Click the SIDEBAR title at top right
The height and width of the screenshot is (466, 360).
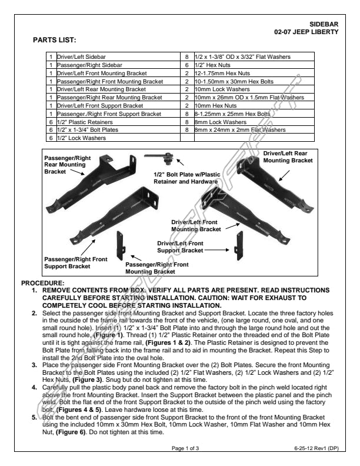[x=325, y=24]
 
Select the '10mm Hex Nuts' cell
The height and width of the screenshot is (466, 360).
[x=215, y=105]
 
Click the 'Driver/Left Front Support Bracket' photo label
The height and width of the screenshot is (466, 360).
[x=180, y=247]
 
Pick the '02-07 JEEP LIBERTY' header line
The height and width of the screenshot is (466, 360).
[x=306, y=31]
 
